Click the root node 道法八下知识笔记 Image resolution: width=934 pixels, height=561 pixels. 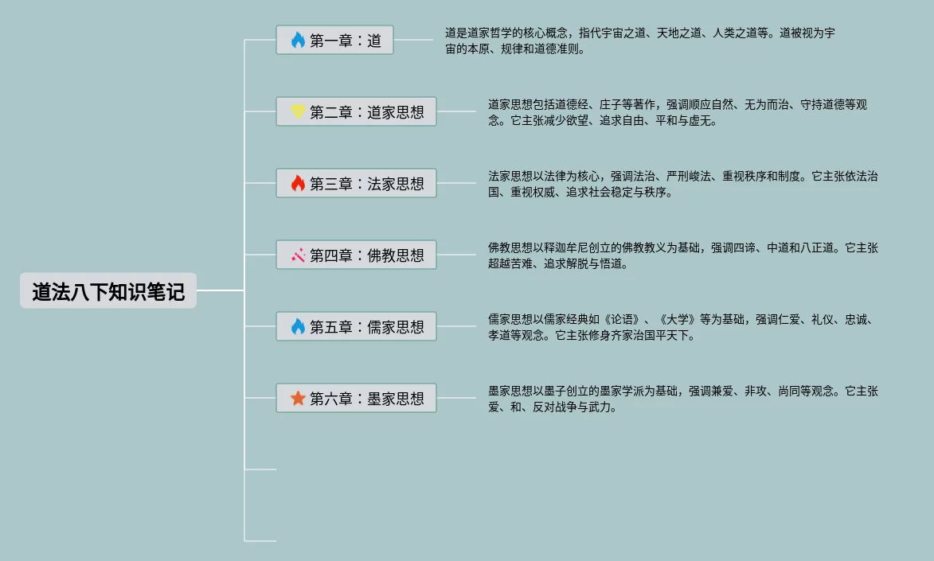108,291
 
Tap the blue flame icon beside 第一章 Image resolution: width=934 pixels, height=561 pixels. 298,41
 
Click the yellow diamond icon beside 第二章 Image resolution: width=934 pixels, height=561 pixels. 298,112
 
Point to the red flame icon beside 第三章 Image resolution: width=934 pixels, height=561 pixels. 298,184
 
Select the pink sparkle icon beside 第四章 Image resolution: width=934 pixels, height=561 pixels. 298,255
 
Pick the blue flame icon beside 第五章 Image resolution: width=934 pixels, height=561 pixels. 298,327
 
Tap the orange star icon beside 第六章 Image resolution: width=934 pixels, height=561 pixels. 298,399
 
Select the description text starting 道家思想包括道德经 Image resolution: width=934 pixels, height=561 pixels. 677,112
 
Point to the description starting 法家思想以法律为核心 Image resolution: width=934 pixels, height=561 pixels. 682,184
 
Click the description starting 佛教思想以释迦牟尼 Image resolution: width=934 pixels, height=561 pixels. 682,255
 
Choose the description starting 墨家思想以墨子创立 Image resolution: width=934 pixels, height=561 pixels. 682,399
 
